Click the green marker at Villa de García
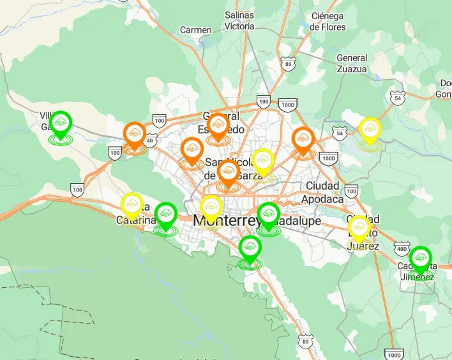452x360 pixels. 61,123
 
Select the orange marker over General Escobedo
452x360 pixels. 218,125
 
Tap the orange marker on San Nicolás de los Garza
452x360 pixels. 228,173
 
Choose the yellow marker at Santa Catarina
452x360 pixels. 132,205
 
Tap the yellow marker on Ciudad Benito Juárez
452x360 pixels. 359,229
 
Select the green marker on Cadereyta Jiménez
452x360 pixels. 419,259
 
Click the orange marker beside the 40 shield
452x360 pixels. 135,135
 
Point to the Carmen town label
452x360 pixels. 195,30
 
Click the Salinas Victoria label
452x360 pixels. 239,21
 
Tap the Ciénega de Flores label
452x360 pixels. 328,21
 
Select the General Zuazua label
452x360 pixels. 352,63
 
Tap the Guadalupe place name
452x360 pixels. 295,220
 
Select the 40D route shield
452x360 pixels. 401,248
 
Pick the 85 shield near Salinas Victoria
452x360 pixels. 289,64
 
